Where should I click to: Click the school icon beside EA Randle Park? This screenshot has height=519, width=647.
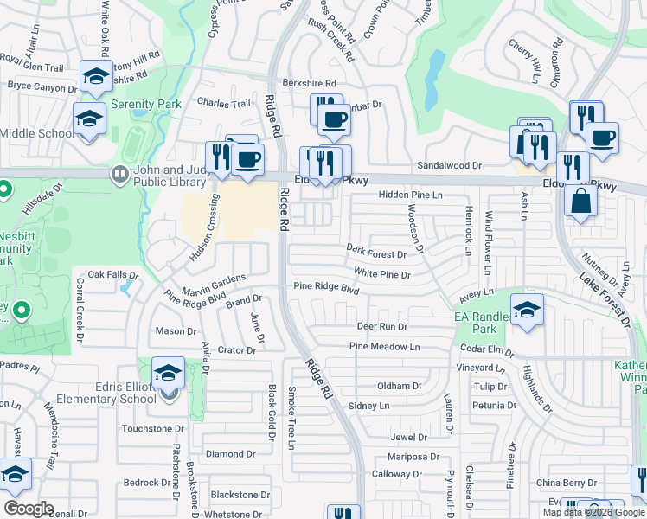(526, 311)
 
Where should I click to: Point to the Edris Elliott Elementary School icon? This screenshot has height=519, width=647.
(168, 374)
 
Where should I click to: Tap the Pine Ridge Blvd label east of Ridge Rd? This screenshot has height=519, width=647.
(325, 286)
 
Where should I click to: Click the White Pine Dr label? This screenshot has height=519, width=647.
(381, 274)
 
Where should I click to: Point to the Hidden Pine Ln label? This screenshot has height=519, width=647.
(410, 195)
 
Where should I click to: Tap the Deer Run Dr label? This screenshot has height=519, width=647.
(381, 327)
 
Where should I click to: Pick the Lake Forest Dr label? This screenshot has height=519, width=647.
(605, 299)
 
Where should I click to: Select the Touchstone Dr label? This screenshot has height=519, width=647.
(153, 428)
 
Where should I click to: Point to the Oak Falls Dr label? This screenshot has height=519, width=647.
(108, 274)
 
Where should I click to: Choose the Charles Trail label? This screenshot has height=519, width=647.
(223, 103)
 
